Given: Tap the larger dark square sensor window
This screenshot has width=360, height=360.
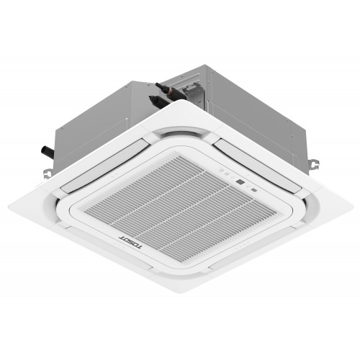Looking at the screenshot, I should coord(240,184).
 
